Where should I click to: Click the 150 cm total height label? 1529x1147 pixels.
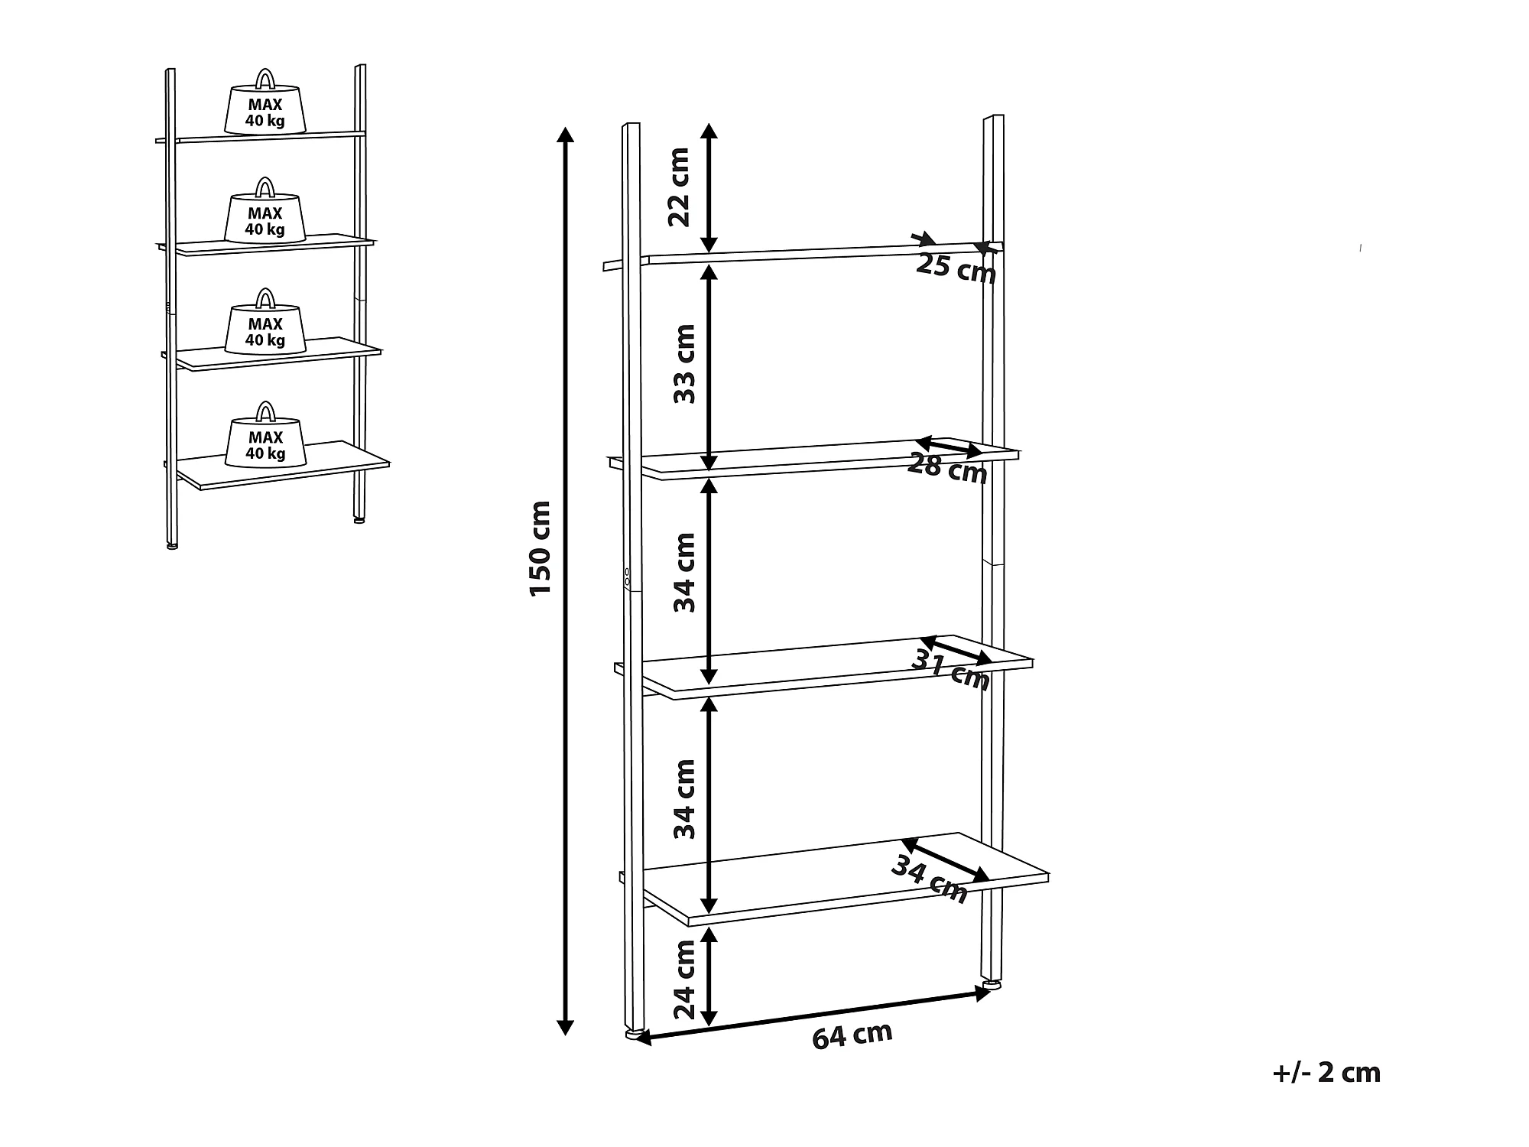click(x=540, y=548)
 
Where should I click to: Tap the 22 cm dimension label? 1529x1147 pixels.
click(x=679, y=187)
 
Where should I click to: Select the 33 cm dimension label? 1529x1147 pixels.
click(x=684, y=364)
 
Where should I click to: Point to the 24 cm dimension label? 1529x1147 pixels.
click(x=685, y=980)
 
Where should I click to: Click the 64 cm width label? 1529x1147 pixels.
click(x=852, y=1036)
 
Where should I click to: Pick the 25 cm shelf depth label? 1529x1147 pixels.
click(x=956, y=268)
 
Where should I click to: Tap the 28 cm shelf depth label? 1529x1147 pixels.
click(x=947, y=468)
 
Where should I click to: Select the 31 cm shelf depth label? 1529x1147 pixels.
click(x=950, y=671)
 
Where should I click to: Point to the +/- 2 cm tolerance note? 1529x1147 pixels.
click(x=1326, y=1073)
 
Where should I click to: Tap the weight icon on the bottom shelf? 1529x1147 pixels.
click(x=265, y=434)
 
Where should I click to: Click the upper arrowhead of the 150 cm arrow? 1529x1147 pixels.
click(x=565, y=135)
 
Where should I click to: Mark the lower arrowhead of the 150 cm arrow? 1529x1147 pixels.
click(x=565, y=1026)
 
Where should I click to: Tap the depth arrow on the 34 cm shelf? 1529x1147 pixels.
click(x=946, y=860)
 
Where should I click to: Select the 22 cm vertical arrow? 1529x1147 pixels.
click(x=709, y=187)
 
